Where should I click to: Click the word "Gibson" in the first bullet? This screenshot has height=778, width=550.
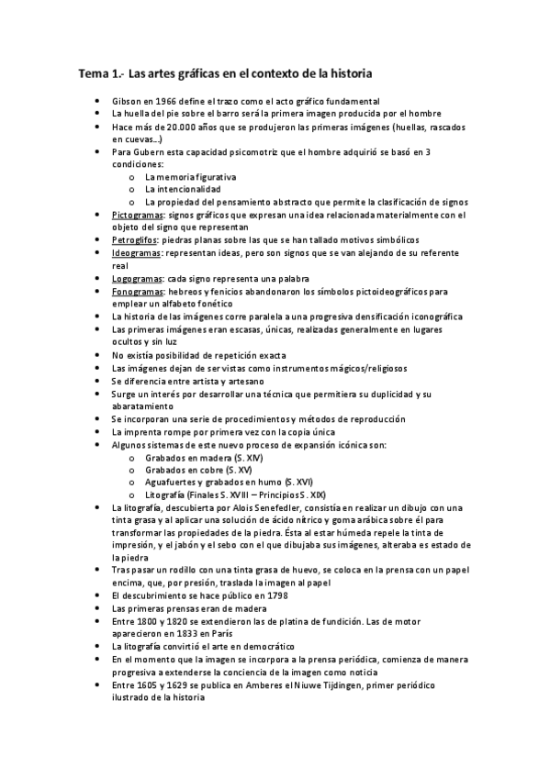pyautogui.click(x=128, y=100)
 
